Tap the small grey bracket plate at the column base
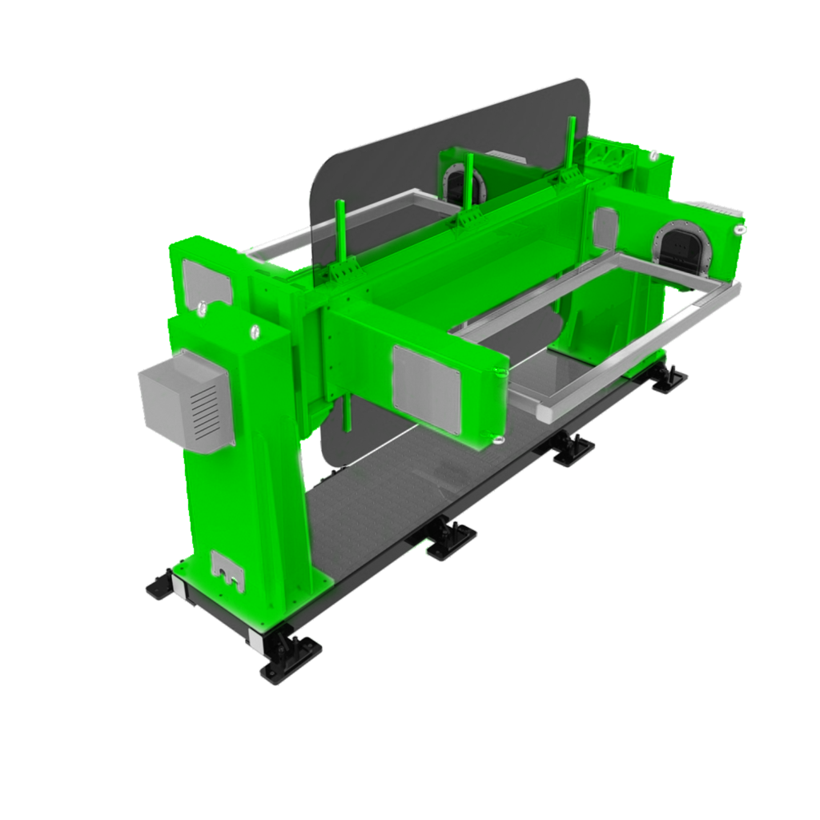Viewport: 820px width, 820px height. pos(227,570)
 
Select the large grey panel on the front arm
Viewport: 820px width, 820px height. pos(426,390)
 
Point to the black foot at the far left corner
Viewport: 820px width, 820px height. pos(161,586)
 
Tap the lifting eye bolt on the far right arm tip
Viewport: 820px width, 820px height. pos(739,230)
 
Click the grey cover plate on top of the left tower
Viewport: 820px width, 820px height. pos(206,281)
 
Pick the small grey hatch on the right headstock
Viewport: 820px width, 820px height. pos(605,228)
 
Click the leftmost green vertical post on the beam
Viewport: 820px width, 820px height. pos(340,233)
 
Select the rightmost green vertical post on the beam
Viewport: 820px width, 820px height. pos(571,143)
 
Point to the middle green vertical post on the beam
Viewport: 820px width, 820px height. pos(469,181)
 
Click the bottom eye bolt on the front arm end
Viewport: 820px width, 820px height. pos(497,439)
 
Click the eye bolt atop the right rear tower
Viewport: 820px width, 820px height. pos(654,156)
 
